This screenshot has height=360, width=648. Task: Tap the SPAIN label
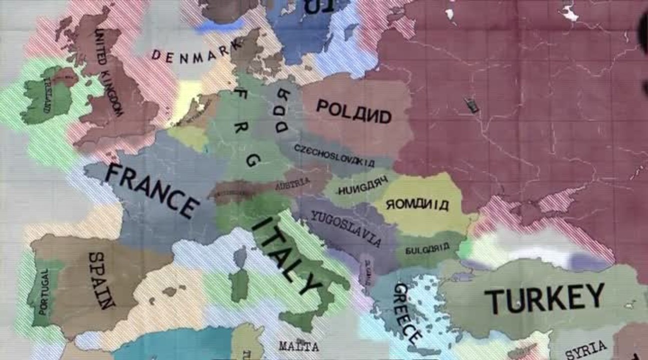pos(102,279)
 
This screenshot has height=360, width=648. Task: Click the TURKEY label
pos(544,298)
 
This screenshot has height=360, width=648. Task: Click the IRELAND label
pos(48,95)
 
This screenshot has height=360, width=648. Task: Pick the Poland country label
pos(353,111)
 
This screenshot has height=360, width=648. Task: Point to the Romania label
pos(417,203)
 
